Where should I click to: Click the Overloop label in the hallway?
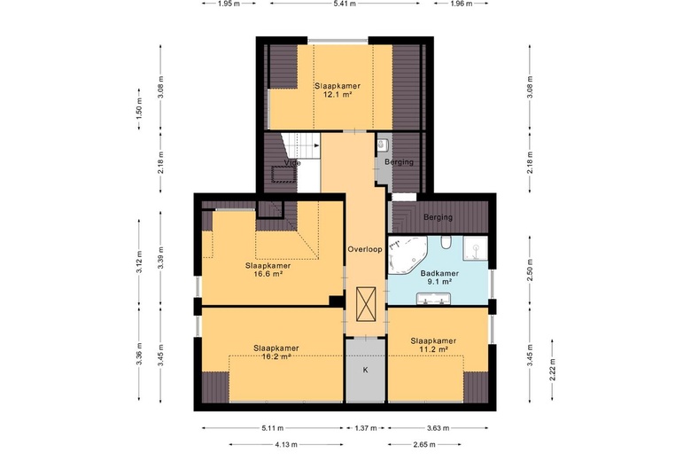(x=365, y=249)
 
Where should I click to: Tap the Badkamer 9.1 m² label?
(x=439, y=277)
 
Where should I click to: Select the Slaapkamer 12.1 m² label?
(x=338, y=90)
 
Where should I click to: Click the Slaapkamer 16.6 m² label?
(x=268, y=270)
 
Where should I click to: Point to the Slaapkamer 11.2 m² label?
(x=433, y=345)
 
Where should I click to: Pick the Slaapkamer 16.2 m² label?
(x=276, y=353)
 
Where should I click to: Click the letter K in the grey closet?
(x=365, y=370)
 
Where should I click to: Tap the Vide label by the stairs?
(x=292, y=163)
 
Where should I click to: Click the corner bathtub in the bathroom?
(x=408, y=255)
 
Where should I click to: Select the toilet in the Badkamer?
(x=446, y=242)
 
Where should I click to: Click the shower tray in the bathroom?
(x=475, y=248)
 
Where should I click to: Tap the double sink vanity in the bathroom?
(x=433, y=299)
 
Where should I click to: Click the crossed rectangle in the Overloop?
(x=366, y=305)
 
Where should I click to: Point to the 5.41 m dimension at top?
(x=345, y=4)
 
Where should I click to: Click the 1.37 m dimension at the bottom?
(x=366, y=428)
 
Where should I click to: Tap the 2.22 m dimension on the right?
(x=552, y=370)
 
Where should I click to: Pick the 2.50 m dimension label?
(x=530, y=270)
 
